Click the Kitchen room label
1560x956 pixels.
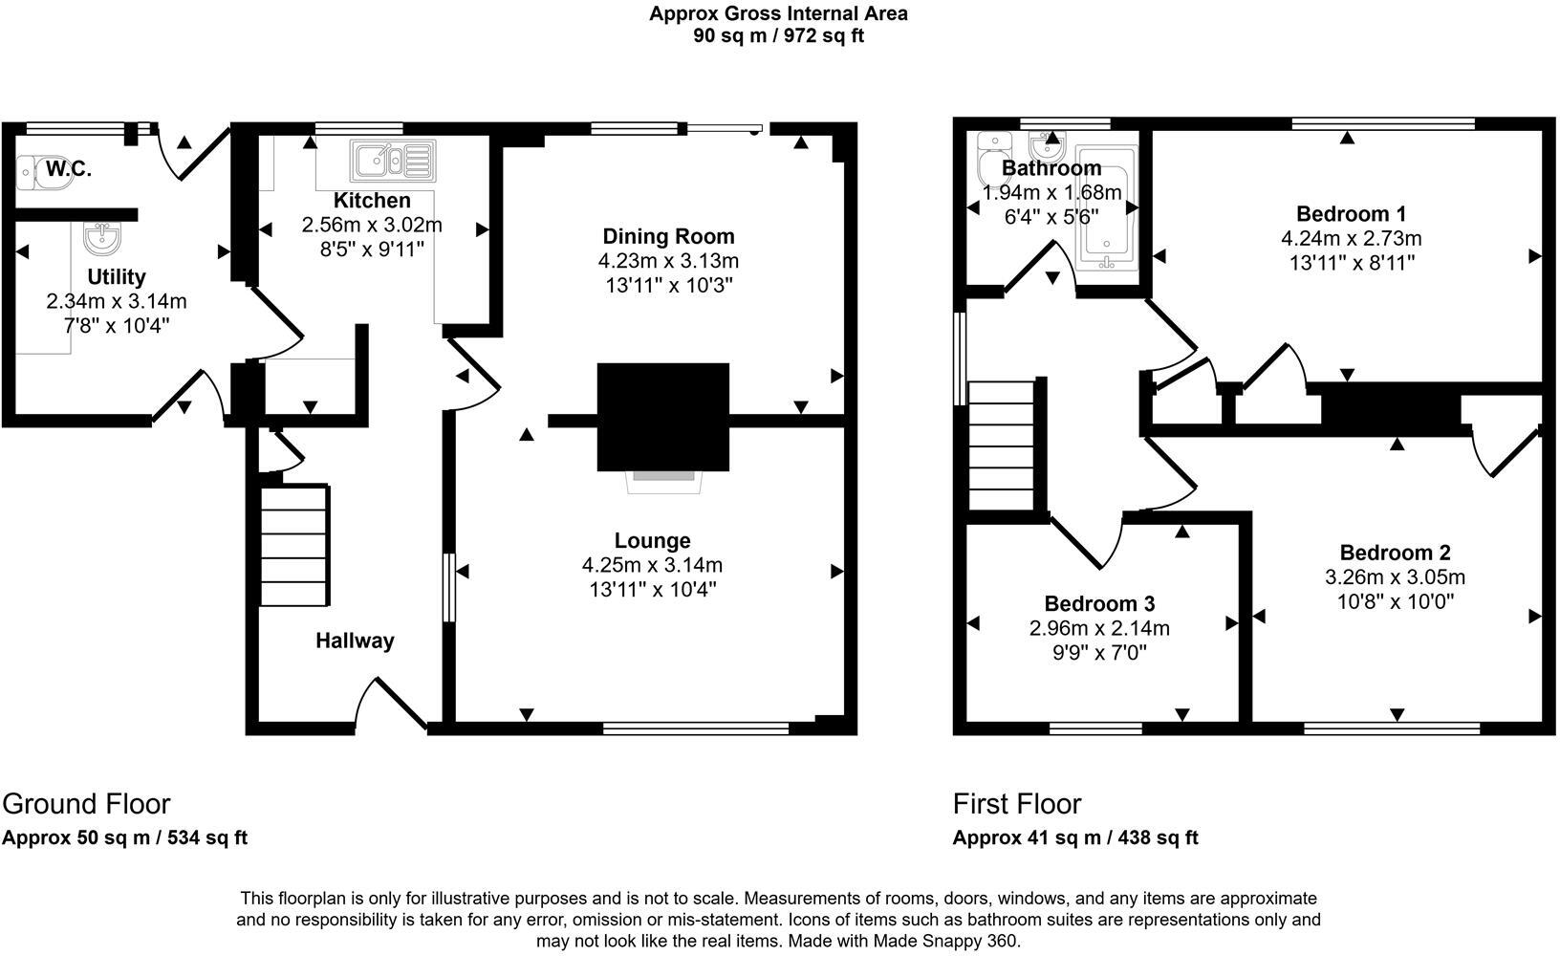(x=372, y=201)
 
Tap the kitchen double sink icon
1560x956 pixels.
(x=392, y=160)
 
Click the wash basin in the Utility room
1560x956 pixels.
(x=101, y=239)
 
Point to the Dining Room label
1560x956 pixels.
(x=668, y=236)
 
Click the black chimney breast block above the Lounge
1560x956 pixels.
(x=663, y=416)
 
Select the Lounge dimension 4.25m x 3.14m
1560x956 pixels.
(x=652, y=565)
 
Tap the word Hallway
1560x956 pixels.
(x=355, y=641)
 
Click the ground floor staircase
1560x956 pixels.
(x=295, y=545)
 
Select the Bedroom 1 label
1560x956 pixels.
(x=1351, y=213)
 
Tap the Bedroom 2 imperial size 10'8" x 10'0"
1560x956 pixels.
(x=1396, y=601)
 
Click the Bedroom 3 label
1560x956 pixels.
(x=1099, y=603)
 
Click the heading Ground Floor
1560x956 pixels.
(x=86, y=803)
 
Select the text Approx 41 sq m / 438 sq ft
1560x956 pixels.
(x=1075, y=838)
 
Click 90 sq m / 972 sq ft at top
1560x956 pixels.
(x=778, y=36)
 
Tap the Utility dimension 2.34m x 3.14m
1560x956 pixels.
(x=117, y=301)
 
